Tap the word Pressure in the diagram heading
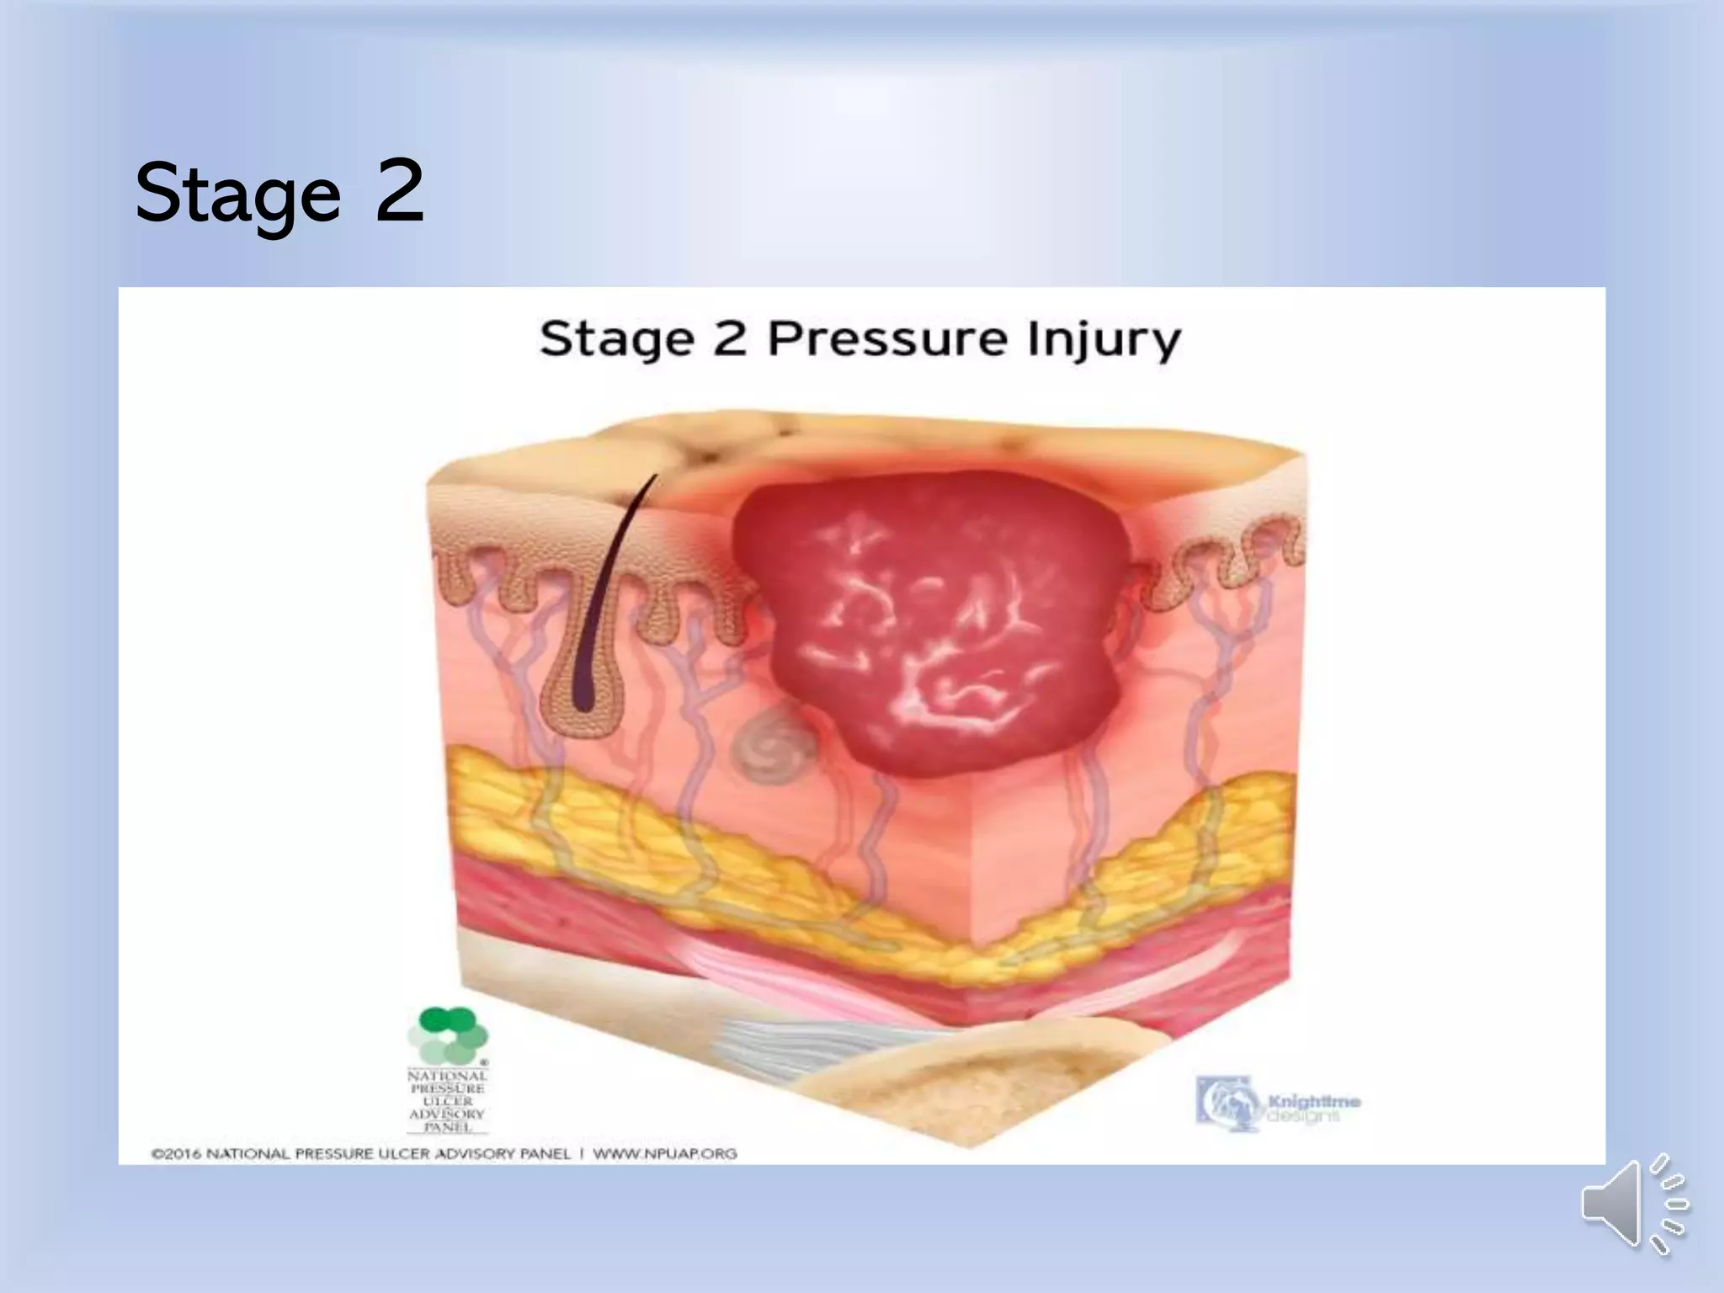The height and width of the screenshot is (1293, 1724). click(887, 339)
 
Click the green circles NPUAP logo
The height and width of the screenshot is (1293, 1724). click(448, 1035)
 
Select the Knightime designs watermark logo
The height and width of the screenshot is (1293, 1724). click(1276, 1103)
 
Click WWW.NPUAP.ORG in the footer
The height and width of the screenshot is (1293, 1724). click(665, 1153)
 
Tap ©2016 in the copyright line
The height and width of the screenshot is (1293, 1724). click(176, 1153)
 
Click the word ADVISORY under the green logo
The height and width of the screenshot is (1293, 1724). click(447, 1114)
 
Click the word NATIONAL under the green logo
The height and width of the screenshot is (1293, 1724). click(447, 1076)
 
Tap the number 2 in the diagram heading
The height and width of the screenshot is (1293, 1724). click(730, 339)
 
